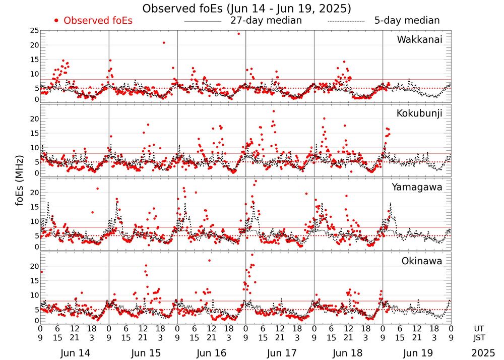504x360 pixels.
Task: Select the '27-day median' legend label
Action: pos(266,21)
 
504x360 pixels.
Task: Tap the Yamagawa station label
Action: pos(417,187)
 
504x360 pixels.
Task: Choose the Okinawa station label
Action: pos(422,261)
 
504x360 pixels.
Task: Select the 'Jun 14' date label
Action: pos(75,352)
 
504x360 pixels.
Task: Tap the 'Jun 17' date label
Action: pos(280,352)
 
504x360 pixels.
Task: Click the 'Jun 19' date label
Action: pos(417,352)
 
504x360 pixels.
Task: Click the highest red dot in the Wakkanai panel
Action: pos(238,34)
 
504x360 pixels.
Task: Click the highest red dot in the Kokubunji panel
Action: pos(274,111)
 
